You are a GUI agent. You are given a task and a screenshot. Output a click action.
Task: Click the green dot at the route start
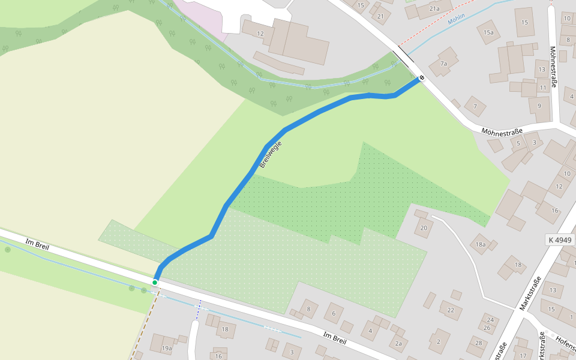(x=155, y=282)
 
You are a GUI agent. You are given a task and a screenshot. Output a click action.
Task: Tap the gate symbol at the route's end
(x=422, y=77)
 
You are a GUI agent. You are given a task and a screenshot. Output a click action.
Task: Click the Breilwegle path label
(x=270, y=154)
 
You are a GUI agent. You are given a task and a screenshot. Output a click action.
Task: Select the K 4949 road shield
(x=560, y=240)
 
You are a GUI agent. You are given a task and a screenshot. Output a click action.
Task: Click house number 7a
(x=444, y=64)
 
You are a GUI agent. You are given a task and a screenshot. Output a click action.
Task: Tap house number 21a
(x=434, y=9)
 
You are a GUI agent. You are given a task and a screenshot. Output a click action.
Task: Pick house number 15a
(x=488, y=32)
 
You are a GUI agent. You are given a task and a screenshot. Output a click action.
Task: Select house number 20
(x=424, y=227)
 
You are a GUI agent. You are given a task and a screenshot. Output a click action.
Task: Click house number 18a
(x=480, y=244)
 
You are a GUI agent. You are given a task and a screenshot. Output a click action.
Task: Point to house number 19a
(x=166, y=348)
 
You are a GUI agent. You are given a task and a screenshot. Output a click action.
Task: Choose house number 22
(x=451, y=310)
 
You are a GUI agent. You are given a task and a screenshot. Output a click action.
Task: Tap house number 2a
(x=398, y=343)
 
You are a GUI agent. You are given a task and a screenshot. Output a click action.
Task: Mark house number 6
(x=334, y=313)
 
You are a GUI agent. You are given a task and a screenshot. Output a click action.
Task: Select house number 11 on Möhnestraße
(x=543, y=88)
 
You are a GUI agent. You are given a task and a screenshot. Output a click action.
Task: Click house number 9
(x=539, y=106)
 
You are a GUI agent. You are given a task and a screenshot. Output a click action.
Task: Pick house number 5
(x=518, y=143)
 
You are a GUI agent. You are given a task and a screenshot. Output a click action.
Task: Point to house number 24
(x=490, y=320)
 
